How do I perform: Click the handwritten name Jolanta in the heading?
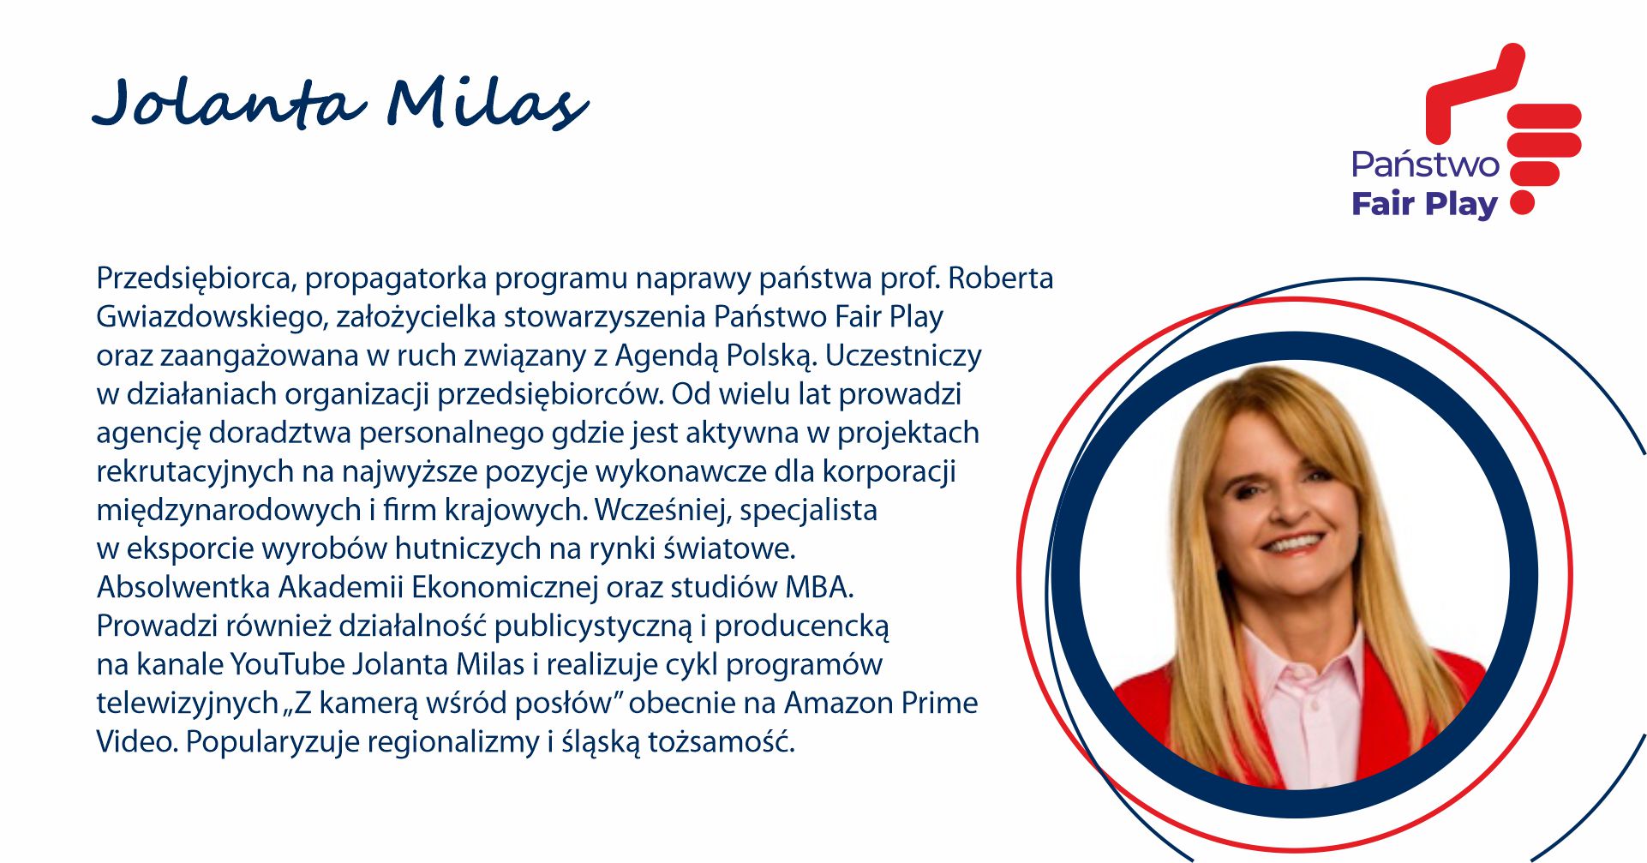pos(230,103)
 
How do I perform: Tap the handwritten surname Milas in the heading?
pos(488,103)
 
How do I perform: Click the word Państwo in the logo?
pos(1425,163)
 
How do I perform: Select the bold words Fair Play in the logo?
pos(1424,204)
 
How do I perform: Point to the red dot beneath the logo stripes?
pos(1522,202)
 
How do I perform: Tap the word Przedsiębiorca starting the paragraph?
pos(196,279)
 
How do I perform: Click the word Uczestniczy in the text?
pos(903,356)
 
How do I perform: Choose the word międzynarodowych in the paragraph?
pos(229,510)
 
